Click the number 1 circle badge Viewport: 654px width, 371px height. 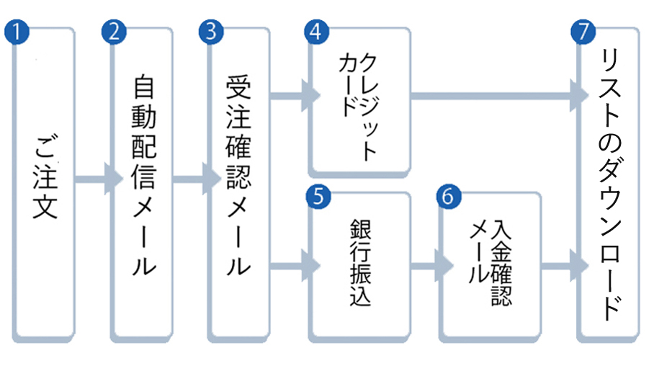tap(15, 32)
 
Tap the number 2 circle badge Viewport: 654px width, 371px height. tap(114, 32)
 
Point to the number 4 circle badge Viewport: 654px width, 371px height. tap(315, 32)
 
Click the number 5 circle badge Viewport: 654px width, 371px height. tap(315, 197)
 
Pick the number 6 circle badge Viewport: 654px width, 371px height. tap(447, 197)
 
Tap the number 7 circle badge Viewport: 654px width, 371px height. tap(581, 32)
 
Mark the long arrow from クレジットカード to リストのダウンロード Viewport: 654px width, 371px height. tap(497, 94)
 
